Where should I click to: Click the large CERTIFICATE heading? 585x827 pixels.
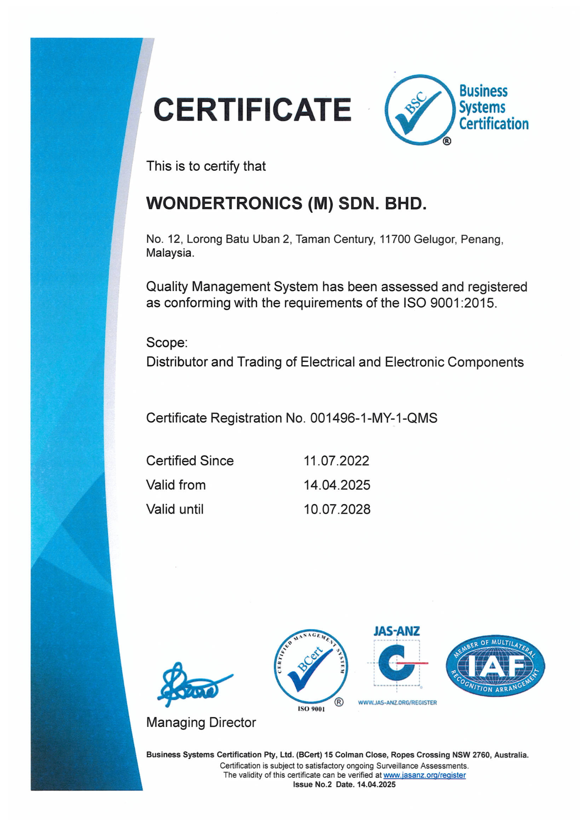(x=252, y=110)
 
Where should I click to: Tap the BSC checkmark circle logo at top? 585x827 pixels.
(x=419, y=110)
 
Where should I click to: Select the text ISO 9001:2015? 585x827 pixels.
(x=449, y=303)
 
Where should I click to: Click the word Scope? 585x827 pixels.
(x=166, y=342)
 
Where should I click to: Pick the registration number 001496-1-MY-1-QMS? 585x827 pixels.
(x=374, y=418)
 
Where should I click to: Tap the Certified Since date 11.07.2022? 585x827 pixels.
(x=336, y=461)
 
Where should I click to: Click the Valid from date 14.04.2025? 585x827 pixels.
(x=337, y=485)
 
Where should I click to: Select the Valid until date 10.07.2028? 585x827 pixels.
(x=337, y=509)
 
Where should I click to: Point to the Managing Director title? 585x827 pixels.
(x=201, y=722)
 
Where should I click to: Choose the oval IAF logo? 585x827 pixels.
(x=495, y=666)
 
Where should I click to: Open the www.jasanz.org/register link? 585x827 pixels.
(x=424, y=775)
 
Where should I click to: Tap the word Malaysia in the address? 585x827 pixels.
(x=170, y=253)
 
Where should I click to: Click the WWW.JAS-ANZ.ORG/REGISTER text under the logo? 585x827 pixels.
(x=397, y=703)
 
